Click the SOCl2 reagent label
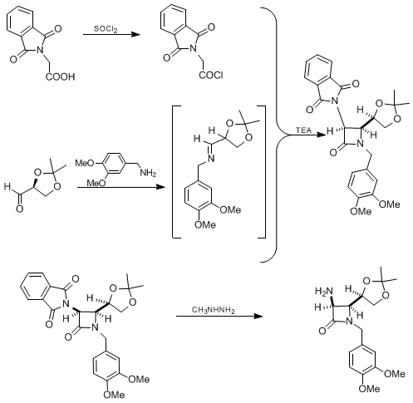point(106,29)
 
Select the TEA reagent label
point(303,130)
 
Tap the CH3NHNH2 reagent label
point(214,310)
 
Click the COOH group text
point(60,76)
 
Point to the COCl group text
point(211,75)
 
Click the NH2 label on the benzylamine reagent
point(148,174)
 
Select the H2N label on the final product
point(323,291)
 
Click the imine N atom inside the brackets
point(211,158)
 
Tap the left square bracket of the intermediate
point(176,172)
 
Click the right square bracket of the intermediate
point(262,172)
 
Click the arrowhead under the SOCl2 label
point(135,35)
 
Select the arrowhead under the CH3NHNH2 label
point(258,317)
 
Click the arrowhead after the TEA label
point(321,135)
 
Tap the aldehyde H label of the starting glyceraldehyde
point(7,187)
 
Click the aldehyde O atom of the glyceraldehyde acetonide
point(19,209)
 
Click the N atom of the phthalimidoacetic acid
point(41,50)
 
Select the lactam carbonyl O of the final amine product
point(322,331)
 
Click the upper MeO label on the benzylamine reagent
point(85,163)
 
